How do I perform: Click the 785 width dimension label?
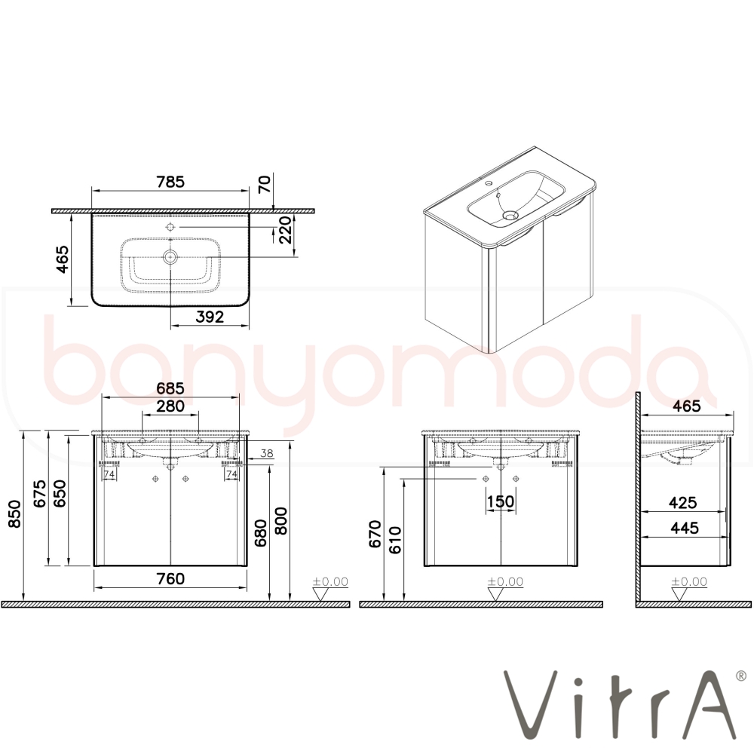[x=170, y=182]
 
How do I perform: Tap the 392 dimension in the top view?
[x=210, y=317]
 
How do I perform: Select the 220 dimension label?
[x=286, y=230]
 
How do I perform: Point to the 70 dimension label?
[x=265, y=185]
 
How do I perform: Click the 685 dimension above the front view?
[x=170, y=388]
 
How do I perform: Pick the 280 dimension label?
[x=170, y=406]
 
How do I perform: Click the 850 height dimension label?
[x=15, y=513]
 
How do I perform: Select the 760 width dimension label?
[x=170, y=578]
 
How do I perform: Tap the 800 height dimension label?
[x=280, y=521]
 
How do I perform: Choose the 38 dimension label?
[x=266, y=453]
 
